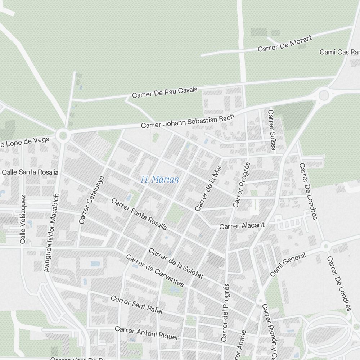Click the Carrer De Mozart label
(284, 43)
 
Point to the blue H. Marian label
(160, 179)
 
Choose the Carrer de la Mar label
(208, 188)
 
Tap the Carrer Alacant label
(242, 225)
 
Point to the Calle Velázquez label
(23, 219)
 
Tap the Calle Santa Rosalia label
(30, 172)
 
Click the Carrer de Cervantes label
(155, 270)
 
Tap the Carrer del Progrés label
(225, 312)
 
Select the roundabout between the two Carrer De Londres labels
(326, 246)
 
